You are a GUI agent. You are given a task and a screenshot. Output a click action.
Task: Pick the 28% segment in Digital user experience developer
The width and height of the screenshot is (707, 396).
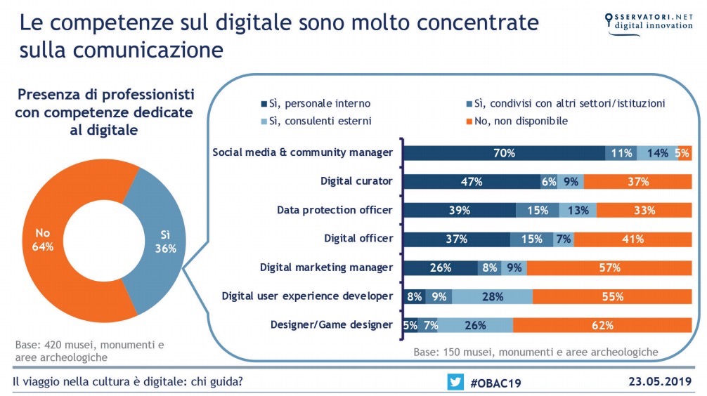tap(492, 296)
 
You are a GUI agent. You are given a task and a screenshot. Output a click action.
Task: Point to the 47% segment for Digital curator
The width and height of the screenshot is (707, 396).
tap(470, 182)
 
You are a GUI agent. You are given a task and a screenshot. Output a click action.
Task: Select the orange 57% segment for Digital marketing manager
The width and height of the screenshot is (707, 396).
tap(609, 268)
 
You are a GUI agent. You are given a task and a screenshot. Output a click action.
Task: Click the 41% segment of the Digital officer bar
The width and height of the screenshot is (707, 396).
tap(633, 239)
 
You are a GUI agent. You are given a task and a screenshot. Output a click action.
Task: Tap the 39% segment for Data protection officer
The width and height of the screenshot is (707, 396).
tap(459, 210)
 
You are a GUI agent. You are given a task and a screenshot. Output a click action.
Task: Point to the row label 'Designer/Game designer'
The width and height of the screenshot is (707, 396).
tap(332, 325)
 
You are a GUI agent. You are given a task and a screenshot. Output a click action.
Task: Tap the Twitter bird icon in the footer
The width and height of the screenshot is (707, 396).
tap(455, 382)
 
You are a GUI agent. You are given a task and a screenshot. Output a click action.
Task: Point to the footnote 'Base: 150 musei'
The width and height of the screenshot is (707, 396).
tap(535, 351)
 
